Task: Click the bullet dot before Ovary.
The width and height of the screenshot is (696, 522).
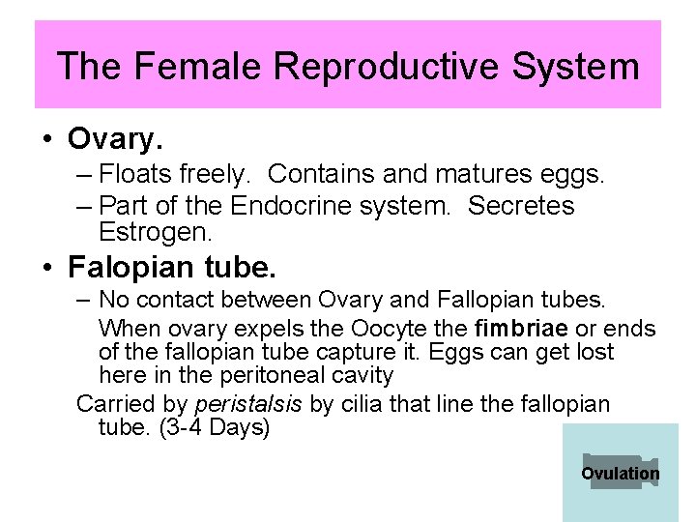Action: click(x=46, y=141)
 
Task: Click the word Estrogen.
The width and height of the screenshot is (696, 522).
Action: click(x=155, y=232)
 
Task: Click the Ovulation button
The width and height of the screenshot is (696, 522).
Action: click(x=620, y=473)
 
